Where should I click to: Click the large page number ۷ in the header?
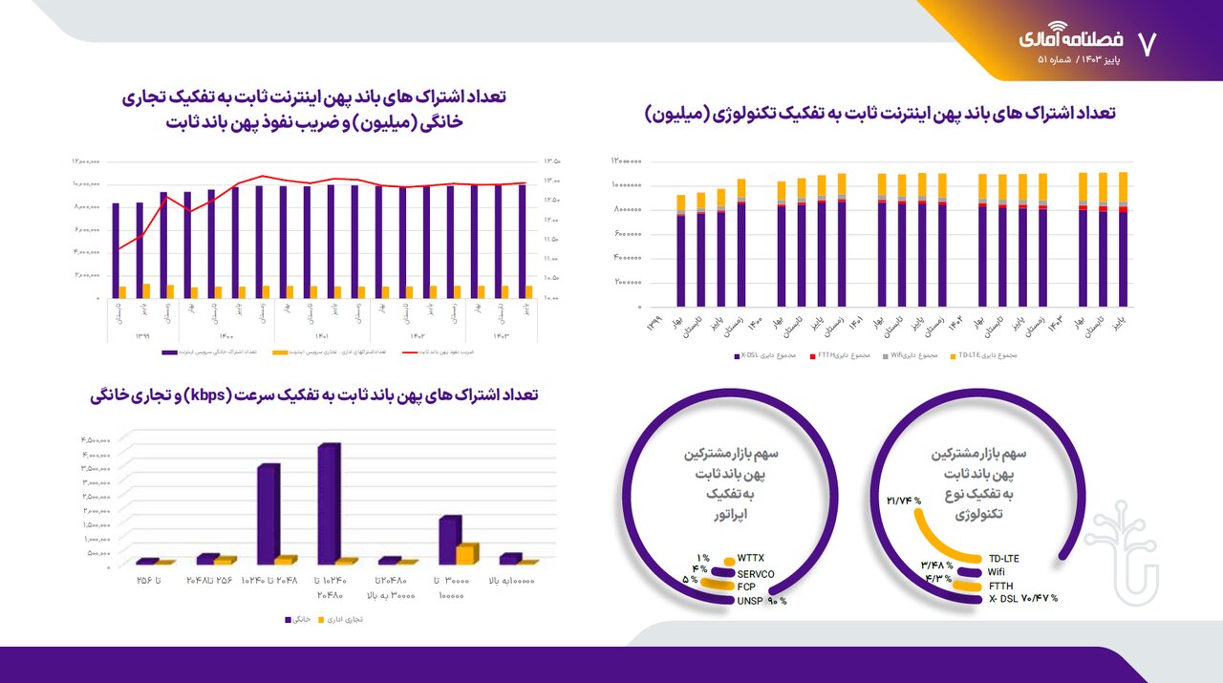pyautogui.click(x=1147, y=41)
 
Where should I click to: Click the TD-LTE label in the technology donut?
pyautogui.click(x=1004, y=559)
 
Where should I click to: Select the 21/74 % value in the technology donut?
pyautogui.click(x=903, y=501)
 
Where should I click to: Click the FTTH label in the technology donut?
pyautogui.click(x=1000, y=586)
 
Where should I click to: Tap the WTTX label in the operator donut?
pyautogui.click(x=750, y=558)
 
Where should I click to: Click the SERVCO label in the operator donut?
pyautogui.click(x=755, y=573)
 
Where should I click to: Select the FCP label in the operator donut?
pyautogui.click(x=746, y=587)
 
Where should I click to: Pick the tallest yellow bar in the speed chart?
pyautogui.click(x=466, y=554)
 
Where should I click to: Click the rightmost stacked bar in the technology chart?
pyautogui.click(x=1123, y=240)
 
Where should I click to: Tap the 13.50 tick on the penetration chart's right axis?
pyautogui.click(x=550, y=161)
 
